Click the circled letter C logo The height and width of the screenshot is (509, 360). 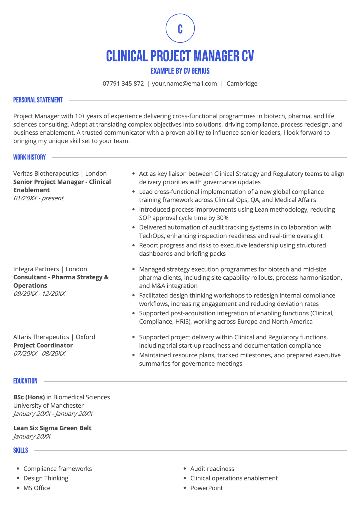pyautogui.click(x=180, y=28)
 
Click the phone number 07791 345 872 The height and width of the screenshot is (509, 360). pyautogui.click(x=123, y=84)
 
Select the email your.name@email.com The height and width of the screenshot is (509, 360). pyautogui.click(x=184, y=84)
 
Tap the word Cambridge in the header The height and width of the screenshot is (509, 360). pyautogui.click(x=242, y=84)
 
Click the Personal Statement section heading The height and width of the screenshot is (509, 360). pyautogui.click(x=38, y=100)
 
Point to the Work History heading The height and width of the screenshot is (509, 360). pyautogui.click(x=29, y=157)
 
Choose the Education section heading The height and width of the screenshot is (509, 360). pyautogui.click(x=25, y=381)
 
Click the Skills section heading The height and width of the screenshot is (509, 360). pyautogui.click(x=20, y=451)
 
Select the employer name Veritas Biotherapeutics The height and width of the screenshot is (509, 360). pyautogui.click(x=46, y=174)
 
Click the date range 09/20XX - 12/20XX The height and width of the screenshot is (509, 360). pyautogui.click(x=39, y=294)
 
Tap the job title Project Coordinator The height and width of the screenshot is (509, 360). pyautogui.click(x=43, y=345)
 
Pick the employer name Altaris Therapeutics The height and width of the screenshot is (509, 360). pyautogui.click(x=41, y=337)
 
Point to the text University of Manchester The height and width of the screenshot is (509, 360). pyautogui.click(x=48, y=406)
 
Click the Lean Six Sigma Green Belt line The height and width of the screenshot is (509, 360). pyautogui.click(x=52, y=428)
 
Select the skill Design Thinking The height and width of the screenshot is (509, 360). pyautogui.click(x=46, y=478)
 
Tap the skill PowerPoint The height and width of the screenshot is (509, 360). pyautogui.click(x=206, y=488)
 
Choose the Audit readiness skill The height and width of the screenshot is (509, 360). pyautogui.click(x=212, y=469)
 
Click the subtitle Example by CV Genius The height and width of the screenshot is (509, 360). pyautogui.click(x=180, y=71)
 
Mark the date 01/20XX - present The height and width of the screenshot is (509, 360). pyautogui.click(x=38, y=198)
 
